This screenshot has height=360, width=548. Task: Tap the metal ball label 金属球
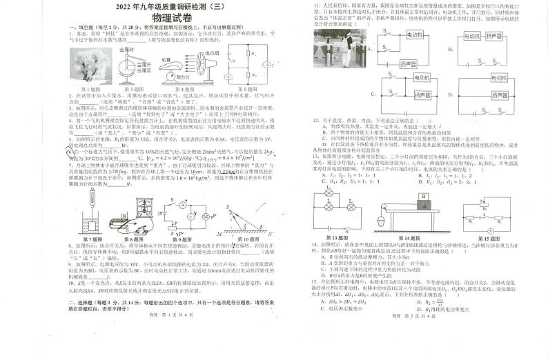[x=127, y=50]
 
